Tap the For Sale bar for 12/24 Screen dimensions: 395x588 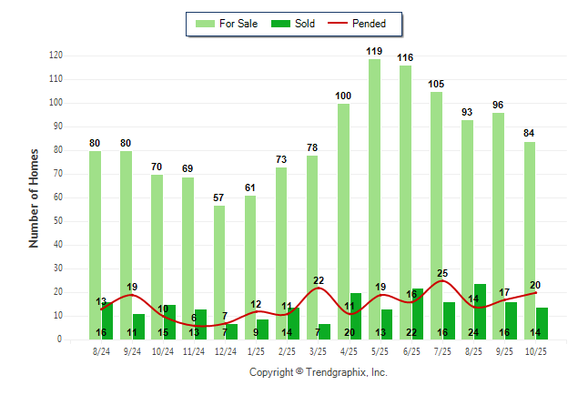click(x=219, y=272)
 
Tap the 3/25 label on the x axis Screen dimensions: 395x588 click(x=319, y=351)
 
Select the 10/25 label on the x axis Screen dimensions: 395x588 click(x=535, y=351)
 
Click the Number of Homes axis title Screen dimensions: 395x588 click(x=34, y=197)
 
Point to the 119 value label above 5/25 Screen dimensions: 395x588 click(x=374, y=51)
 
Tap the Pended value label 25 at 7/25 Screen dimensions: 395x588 click(x=442, y=273)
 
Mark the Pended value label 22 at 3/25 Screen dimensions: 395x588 click(x=319, y=280)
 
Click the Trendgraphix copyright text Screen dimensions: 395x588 click(x=318, y=372)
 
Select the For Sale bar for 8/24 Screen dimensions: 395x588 click(x=95, y=245)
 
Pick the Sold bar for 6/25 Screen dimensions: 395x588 click(x=418, y=313)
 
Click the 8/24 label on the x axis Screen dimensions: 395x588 click(x=101, y=351)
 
